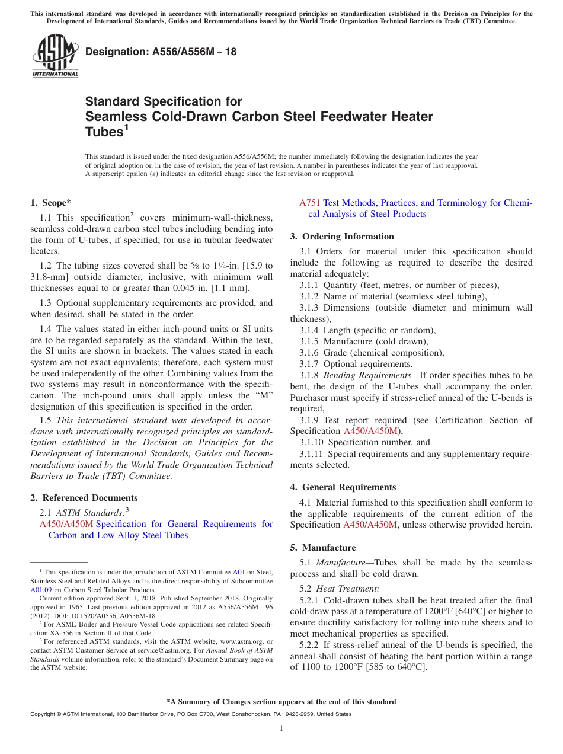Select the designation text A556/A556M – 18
click(161, 52)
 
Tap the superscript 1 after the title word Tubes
click(126, 127)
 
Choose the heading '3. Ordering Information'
click(342, 237)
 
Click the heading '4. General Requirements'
click(343, 487)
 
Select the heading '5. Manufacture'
click(323, 548)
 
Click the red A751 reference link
click(310, 203)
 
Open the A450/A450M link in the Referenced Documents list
click(66, 524)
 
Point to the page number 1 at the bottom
click(281, 728)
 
